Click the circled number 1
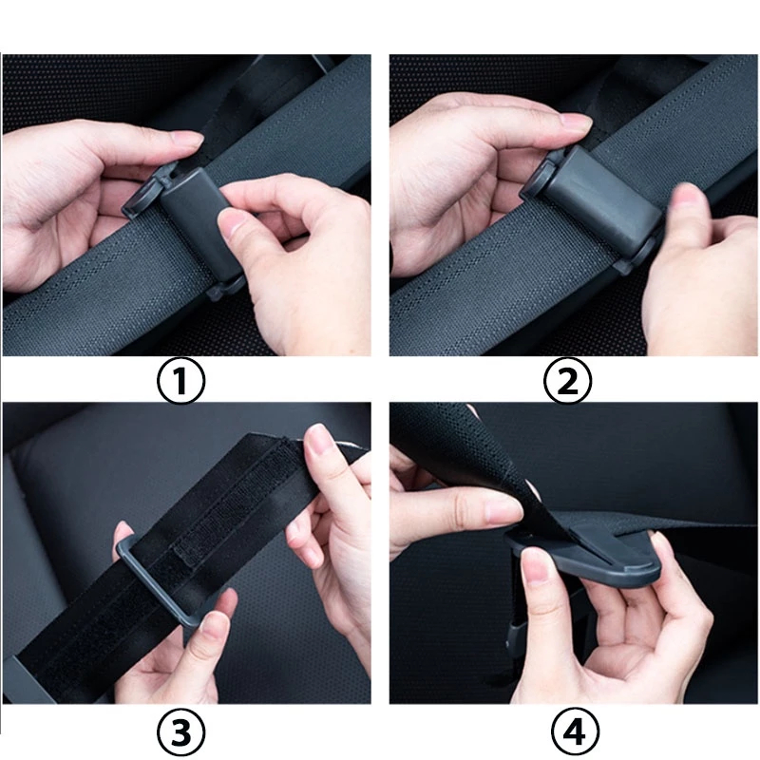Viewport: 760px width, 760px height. click(180, 380)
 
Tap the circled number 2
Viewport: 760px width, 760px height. click(567, 380)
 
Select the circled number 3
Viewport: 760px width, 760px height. click(180, 731)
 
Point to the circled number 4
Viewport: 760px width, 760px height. click(576, 731)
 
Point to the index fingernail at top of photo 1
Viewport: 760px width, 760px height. click(188, 140)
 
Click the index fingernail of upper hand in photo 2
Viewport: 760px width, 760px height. click(576, 122)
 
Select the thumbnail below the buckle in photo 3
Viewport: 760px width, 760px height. click(215, 625)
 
